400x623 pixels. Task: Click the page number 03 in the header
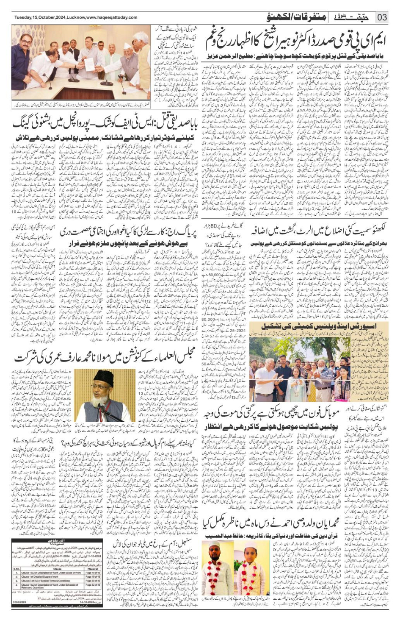click(x=382, y=17)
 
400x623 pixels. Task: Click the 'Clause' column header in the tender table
click(x=58, y=569)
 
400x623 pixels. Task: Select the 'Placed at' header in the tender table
click(x=92, y=569)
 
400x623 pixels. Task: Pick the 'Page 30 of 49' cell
click(x=93, y=581)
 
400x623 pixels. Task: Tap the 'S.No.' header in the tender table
click(x=17, y=569)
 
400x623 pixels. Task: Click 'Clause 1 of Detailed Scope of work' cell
click(x=41, y=576)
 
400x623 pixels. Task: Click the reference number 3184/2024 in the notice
click(x=19, y=602)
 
